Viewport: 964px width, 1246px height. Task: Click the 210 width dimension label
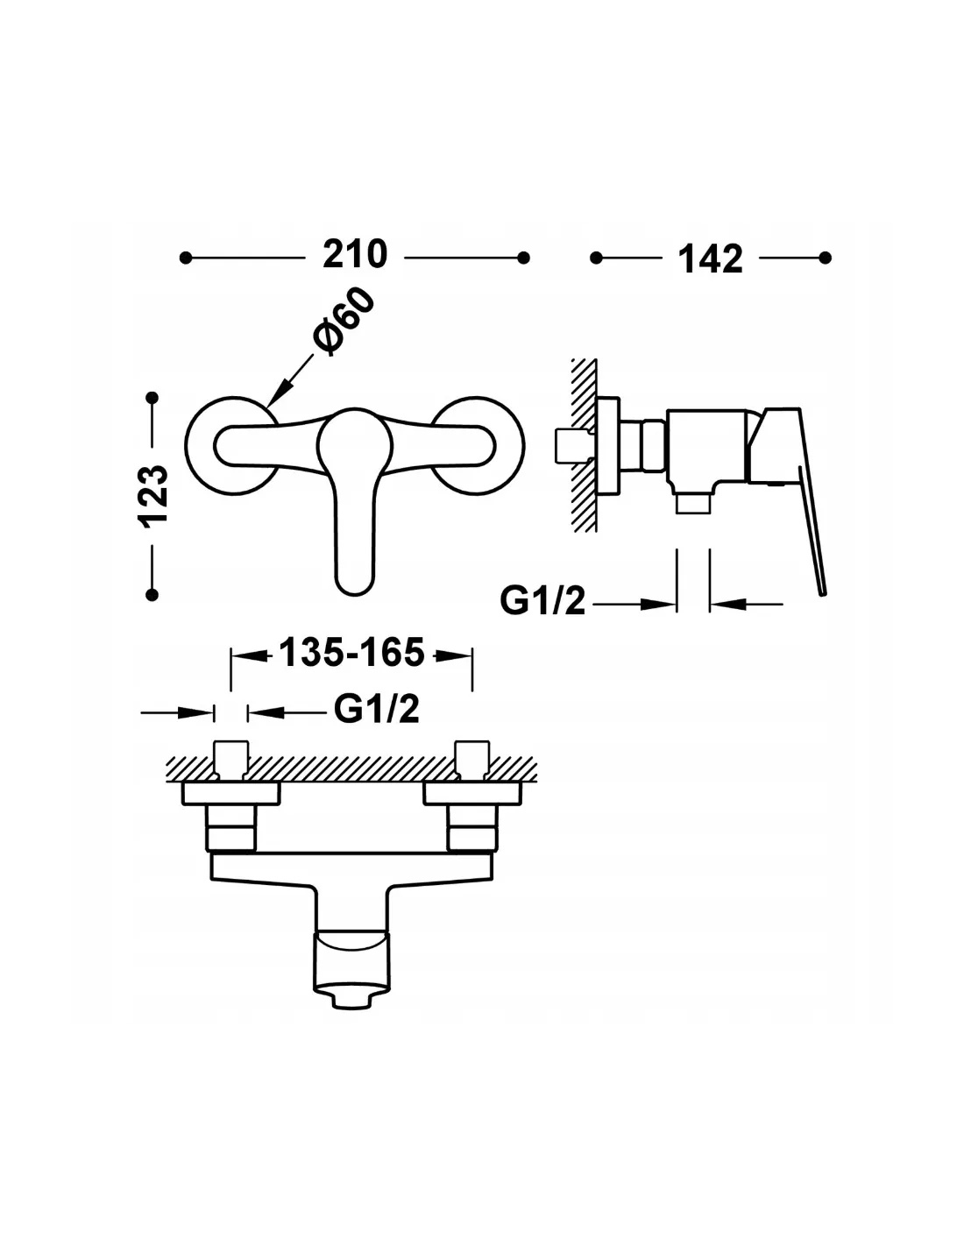click(355, 254)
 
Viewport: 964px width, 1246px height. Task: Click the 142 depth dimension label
click(711, 259)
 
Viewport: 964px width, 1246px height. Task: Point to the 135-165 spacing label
click(351, 652)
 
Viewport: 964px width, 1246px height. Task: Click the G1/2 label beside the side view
click(542, 601)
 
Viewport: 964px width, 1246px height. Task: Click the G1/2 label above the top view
click(377, 709)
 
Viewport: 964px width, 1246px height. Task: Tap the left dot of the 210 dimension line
click(185, 258)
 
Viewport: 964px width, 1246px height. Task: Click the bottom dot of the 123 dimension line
click(152, 595)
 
